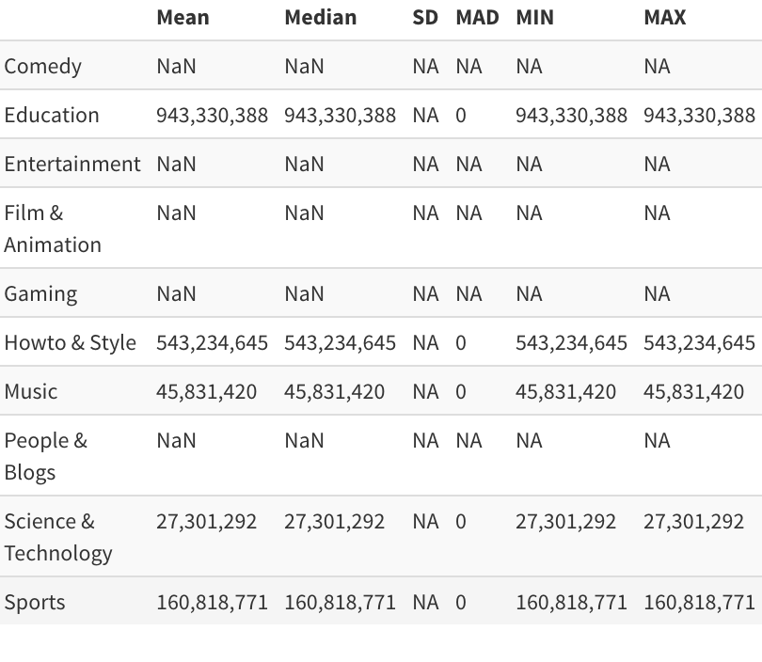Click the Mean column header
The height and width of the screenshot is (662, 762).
(x=183, y=18)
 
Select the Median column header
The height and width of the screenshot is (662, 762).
(x=320, y=18)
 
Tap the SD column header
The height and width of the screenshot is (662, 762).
(x=425, y=18)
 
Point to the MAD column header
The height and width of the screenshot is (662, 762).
(x=477, y=18)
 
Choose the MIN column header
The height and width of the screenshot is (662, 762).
(x=534, y=18)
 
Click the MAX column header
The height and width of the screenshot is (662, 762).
(x=665, y=18)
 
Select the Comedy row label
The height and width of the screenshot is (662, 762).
(x=42, y=67)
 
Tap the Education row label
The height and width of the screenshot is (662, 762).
(x=52, y=115)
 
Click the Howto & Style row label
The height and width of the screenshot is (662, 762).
(x=70, y=342)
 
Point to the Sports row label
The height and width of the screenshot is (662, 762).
(x=35, y=603)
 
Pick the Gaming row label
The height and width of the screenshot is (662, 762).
(x=40, y=294)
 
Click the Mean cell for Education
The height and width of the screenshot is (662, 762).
(x=212, y=116)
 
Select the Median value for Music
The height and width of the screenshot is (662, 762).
(x=334, y=392)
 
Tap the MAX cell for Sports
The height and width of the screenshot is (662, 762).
(x=699, y=603)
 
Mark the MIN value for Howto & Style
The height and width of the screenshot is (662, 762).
(x=572, y=343)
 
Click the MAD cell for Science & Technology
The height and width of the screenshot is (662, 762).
(x=461, y=522)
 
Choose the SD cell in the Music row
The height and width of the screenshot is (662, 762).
(x=425, y=391)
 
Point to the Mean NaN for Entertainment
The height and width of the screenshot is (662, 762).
(x=176, y=165)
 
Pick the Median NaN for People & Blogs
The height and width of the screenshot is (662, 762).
(x=304, y=440)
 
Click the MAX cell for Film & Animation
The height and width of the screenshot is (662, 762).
(x=657, y=213)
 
